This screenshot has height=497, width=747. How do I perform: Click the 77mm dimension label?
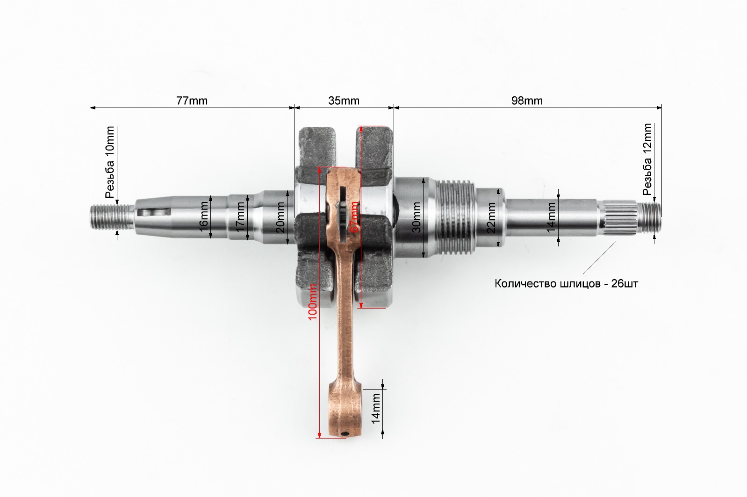(x=192, y=101)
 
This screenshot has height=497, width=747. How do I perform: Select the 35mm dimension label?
(x=344, y=101)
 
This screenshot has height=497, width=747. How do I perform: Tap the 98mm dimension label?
(x=527, y=101)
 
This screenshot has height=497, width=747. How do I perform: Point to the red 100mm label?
(x=312, y=302)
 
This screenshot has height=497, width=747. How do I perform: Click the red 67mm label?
(x=354, y=217)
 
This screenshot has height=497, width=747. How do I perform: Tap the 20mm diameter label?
(x=280, y=217)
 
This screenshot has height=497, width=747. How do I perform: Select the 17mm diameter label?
(x=240, y=217)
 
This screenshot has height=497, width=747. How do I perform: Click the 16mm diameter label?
(x=203, y=217)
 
